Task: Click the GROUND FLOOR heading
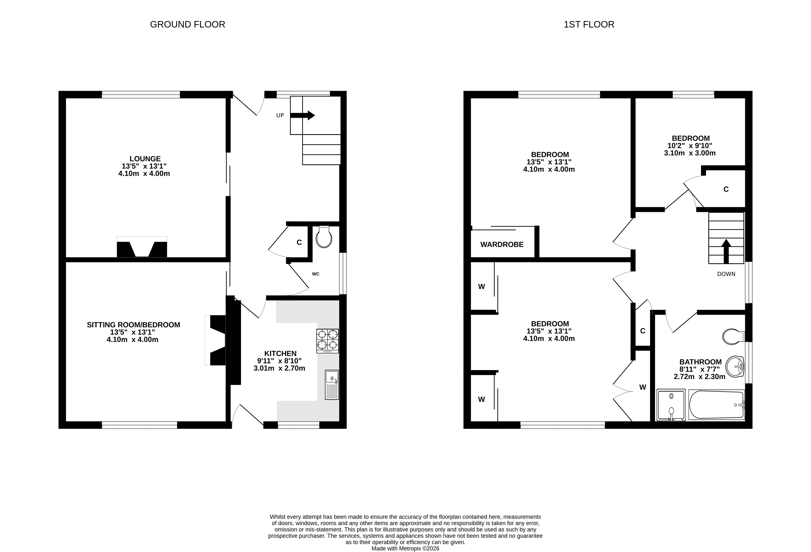[187, 25]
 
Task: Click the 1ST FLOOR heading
[589, 25]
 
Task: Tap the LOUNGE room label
[145, 159]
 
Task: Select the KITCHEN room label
[280, 353]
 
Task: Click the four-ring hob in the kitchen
[328, 341]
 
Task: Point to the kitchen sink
[332, 385]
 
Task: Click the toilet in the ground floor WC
[324, 237]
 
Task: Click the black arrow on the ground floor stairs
[302, 115]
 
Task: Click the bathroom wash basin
[735, 367]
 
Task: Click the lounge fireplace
[142, 247]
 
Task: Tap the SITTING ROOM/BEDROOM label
[134, 325]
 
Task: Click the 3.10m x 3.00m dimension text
[690, 153]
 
